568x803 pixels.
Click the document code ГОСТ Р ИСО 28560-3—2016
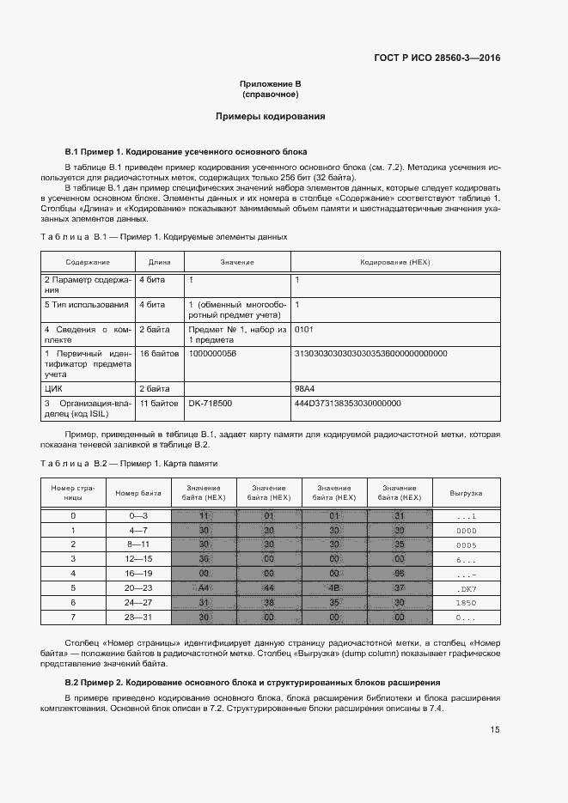(x=437, y=58)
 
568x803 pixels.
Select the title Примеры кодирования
(x=270, y=115)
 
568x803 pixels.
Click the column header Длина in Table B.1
(x=159, y=261)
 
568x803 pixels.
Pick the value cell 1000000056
(x=212, y=353)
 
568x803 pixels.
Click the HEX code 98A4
(x=305, y=388)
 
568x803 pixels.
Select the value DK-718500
(x=211, y=403)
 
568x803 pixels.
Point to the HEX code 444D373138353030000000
(x=347, y=403)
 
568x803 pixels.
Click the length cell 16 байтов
(x=159, y=353)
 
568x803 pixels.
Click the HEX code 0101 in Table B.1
(x=304, y=329)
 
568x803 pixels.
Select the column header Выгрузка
(x=466, y=493)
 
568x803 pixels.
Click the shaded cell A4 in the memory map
(x=204, y=587)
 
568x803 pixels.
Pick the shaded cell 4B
(x=333, y=587)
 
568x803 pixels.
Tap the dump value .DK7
(x=466, y=588)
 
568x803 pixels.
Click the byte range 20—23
(x=138, y=587)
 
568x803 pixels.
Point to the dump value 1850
(x=466, y=603)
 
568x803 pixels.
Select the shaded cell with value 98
(x=399, y=573)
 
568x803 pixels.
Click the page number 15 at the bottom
(x=495, y=729)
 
